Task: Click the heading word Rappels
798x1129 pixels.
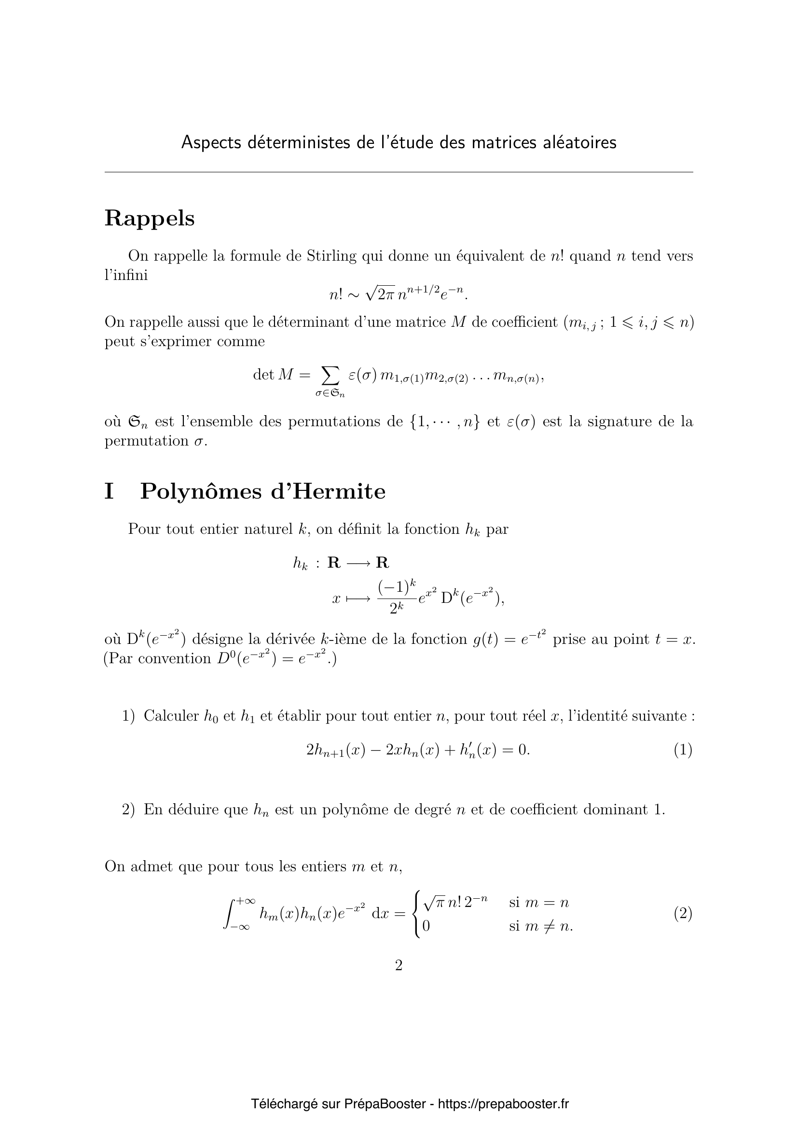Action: coord(150,219)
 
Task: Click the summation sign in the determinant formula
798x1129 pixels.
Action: coord(330,376)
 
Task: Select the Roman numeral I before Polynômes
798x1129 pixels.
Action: coord(109,492)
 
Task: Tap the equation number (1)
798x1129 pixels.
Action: coord(683,750)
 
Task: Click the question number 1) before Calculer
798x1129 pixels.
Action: coord(128,716)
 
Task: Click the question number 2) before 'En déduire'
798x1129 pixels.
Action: coord(128,809)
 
